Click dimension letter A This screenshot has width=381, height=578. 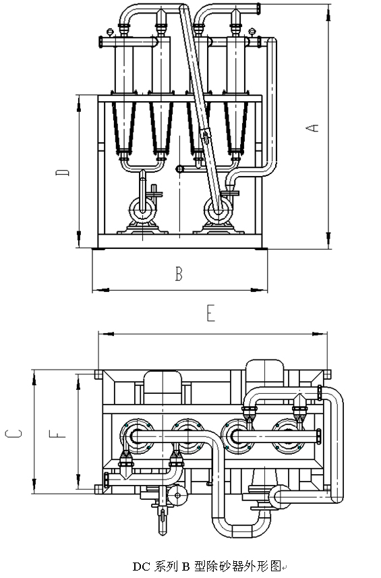point(312,127)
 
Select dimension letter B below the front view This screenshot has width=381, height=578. point(179,274)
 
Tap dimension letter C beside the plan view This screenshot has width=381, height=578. point(13,434)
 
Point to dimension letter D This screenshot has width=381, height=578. point(62,172)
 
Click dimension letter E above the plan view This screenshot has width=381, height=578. point(210,314)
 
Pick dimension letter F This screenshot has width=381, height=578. point(57,434)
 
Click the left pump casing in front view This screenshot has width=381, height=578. point(143,210)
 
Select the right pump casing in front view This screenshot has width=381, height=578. point(218,210)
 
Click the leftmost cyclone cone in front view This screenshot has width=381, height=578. point(124,127)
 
